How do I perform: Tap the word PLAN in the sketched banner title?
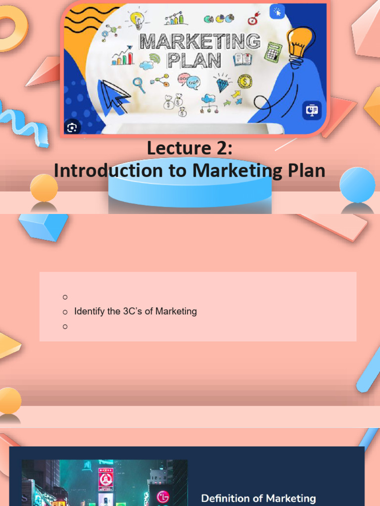click(x=193, y=61)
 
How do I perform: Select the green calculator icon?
click(x=273, y=52)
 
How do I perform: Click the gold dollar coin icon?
click(x=244, y=81)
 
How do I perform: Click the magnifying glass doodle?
click(x=139, y=84)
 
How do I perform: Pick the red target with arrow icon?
click(x=253, y=19)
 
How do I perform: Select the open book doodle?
click(x=242, y=60)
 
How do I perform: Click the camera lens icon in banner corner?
click(x=72, y=127)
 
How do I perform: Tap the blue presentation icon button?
click(x=312, y=111)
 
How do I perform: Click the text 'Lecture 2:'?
click(x=190, y=148)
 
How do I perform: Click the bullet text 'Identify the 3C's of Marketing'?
click(x=135, y=311)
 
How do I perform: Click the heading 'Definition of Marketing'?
click(x=258, y=498)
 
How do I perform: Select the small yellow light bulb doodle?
click(x=137, y=20)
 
